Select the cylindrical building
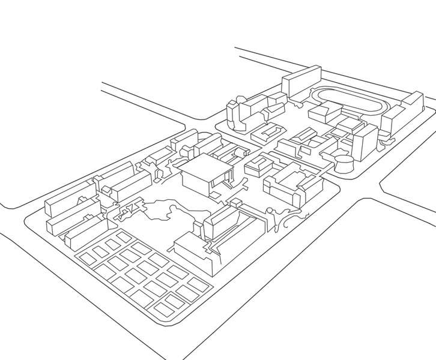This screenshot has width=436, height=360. [344, 163]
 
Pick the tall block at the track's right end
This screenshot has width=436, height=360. [413, 103]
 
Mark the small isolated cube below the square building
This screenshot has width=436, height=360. [214, 194]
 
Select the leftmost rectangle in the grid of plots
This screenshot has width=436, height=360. [88, 259]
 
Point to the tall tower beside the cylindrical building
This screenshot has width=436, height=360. [364, 143]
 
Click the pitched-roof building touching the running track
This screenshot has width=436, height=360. [325, 113]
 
